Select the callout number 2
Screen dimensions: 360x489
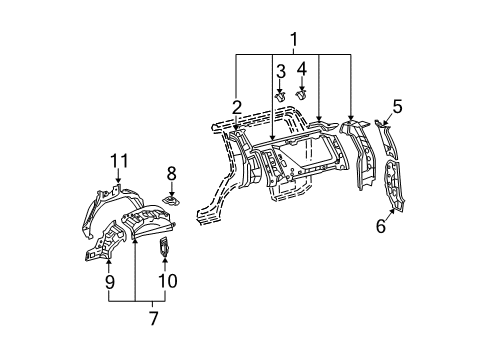pos(236,107)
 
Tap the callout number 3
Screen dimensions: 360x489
pos(281,70)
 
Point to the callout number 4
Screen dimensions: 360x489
pos(302,68)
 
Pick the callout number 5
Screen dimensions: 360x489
pos(397,105)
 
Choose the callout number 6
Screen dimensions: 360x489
pos(380,225)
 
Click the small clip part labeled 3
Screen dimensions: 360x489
pos(281,95)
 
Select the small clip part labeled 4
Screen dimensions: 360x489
pos(301,94)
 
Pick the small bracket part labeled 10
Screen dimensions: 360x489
pos(166,244)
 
